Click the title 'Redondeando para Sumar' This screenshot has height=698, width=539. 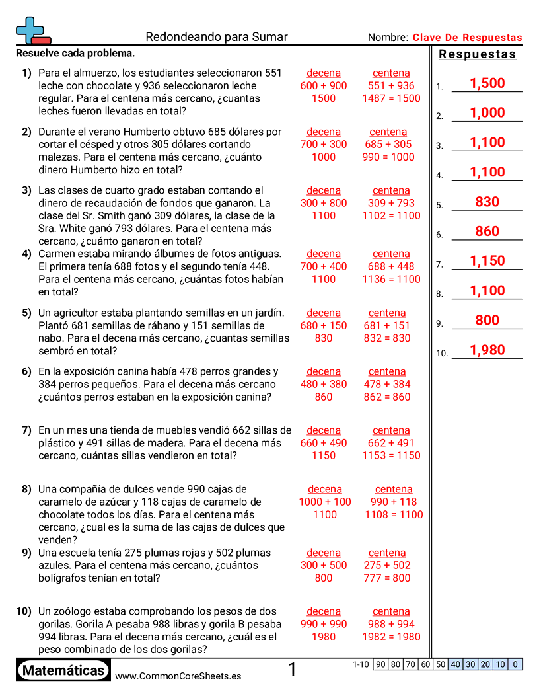(216, 37)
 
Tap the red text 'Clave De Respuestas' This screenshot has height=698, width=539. (467, 38)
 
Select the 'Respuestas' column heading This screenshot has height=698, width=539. (478, 54)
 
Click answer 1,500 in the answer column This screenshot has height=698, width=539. (487, 83)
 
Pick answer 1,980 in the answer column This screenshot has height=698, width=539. (487, 350)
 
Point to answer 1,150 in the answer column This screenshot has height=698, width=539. (487, 261)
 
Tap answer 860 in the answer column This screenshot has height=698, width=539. (487, 231)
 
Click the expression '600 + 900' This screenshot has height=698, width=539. (324, 86)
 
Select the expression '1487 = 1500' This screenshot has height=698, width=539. (391, 98)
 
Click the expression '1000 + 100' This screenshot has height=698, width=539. (325, 502)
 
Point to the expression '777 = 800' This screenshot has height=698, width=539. (387, 578)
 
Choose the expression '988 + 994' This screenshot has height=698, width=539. (391, 624)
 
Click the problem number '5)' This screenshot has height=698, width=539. (26, 313)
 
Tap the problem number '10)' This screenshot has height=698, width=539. (24, 611)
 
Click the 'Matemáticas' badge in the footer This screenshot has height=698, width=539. (63, 671)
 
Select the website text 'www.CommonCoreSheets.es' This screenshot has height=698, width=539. (178, 676)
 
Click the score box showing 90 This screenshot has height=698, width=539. (380, 664)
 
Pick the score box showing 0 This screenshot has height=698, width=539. (515, 664)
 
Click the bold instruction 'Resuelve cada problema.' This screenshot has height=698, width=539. (75, 53)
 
